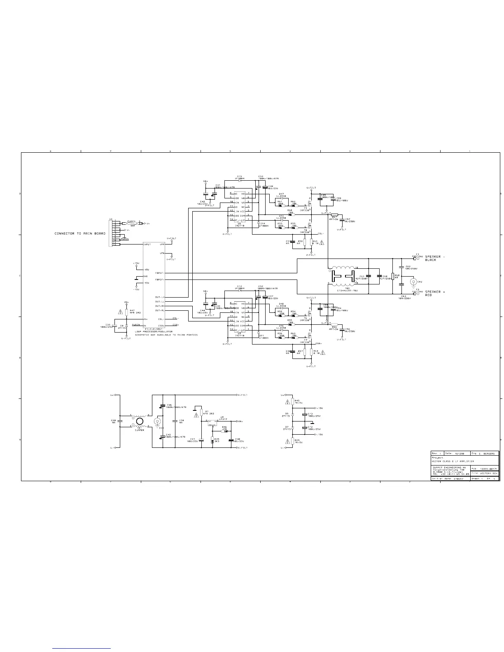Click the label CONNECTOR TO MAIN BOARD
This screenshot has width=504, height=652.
click(x=80, y=233)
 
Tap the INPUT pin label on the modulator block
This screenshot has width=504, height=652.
click(x=147, y=244)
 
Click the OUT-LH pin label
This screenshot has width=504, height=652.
click(x=160, y=297)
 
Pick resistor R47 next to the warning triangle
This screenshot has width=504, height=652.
click(x=126, y=312)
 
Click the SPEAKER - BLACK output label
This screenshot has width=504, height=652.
click(x=435, y=258)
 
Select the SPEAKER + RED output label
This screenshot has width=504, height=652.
click(x=435, y=293)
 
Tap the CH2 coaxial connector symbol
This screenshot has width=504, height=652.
click(x=413, y=282)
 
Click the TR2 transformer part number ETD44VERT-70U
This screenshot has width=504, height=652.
click(x=348, y=291)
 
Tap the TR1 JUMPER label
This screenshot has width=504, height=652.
click(x=140, y=429)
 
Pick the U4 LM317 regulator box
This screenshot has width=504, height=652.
click(x=212, y=422)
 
